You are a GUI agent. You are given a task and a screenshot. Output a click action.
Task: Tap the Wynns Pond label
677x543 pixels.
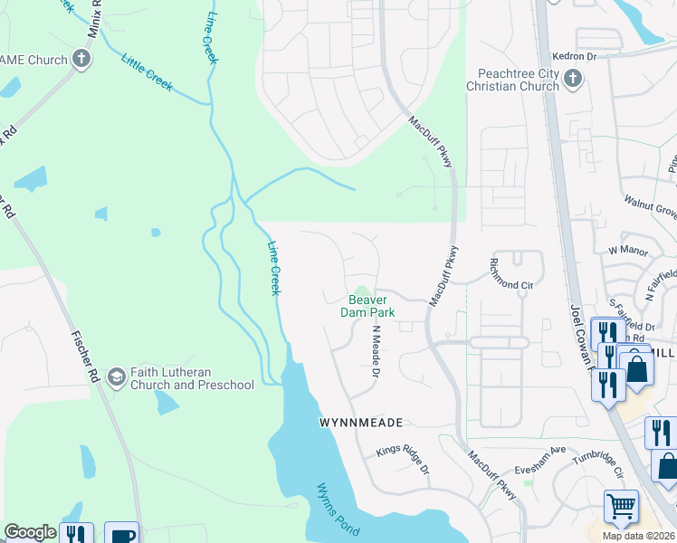[x=338, y=511]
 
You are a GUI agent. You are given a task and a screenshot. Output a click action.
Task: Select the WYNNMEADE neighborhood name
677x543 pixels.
[x=360, y=423]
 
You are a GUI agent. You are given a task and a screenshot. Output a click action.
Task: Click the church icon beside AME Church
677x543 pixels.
[x=82, y=60]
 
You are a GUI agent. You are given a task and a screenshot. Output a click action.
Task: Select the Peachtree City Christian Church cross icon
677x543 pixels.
[x=572, y=80]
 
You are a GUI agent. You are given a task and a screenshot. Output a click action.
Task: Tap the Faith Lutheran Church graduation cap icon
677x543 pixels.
[x=116, y=376]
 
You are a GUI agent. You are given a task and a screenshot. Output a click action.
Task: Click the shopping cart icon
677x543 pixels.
[x=621, y=507]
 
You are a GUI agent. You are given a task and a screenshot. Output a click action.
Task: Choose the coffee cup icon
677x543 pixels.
[x=121, y=534]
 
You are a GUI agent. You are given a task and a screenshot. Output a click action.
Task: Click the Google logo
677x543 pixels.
[x=30, y=532]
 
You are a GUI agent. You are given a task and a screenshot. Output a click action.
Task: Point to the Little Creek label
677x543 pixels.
[x=147, y=72]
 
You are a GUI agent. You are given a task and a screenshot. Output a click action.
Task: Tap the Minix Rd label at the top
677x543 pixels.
[x=93, y=19]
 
